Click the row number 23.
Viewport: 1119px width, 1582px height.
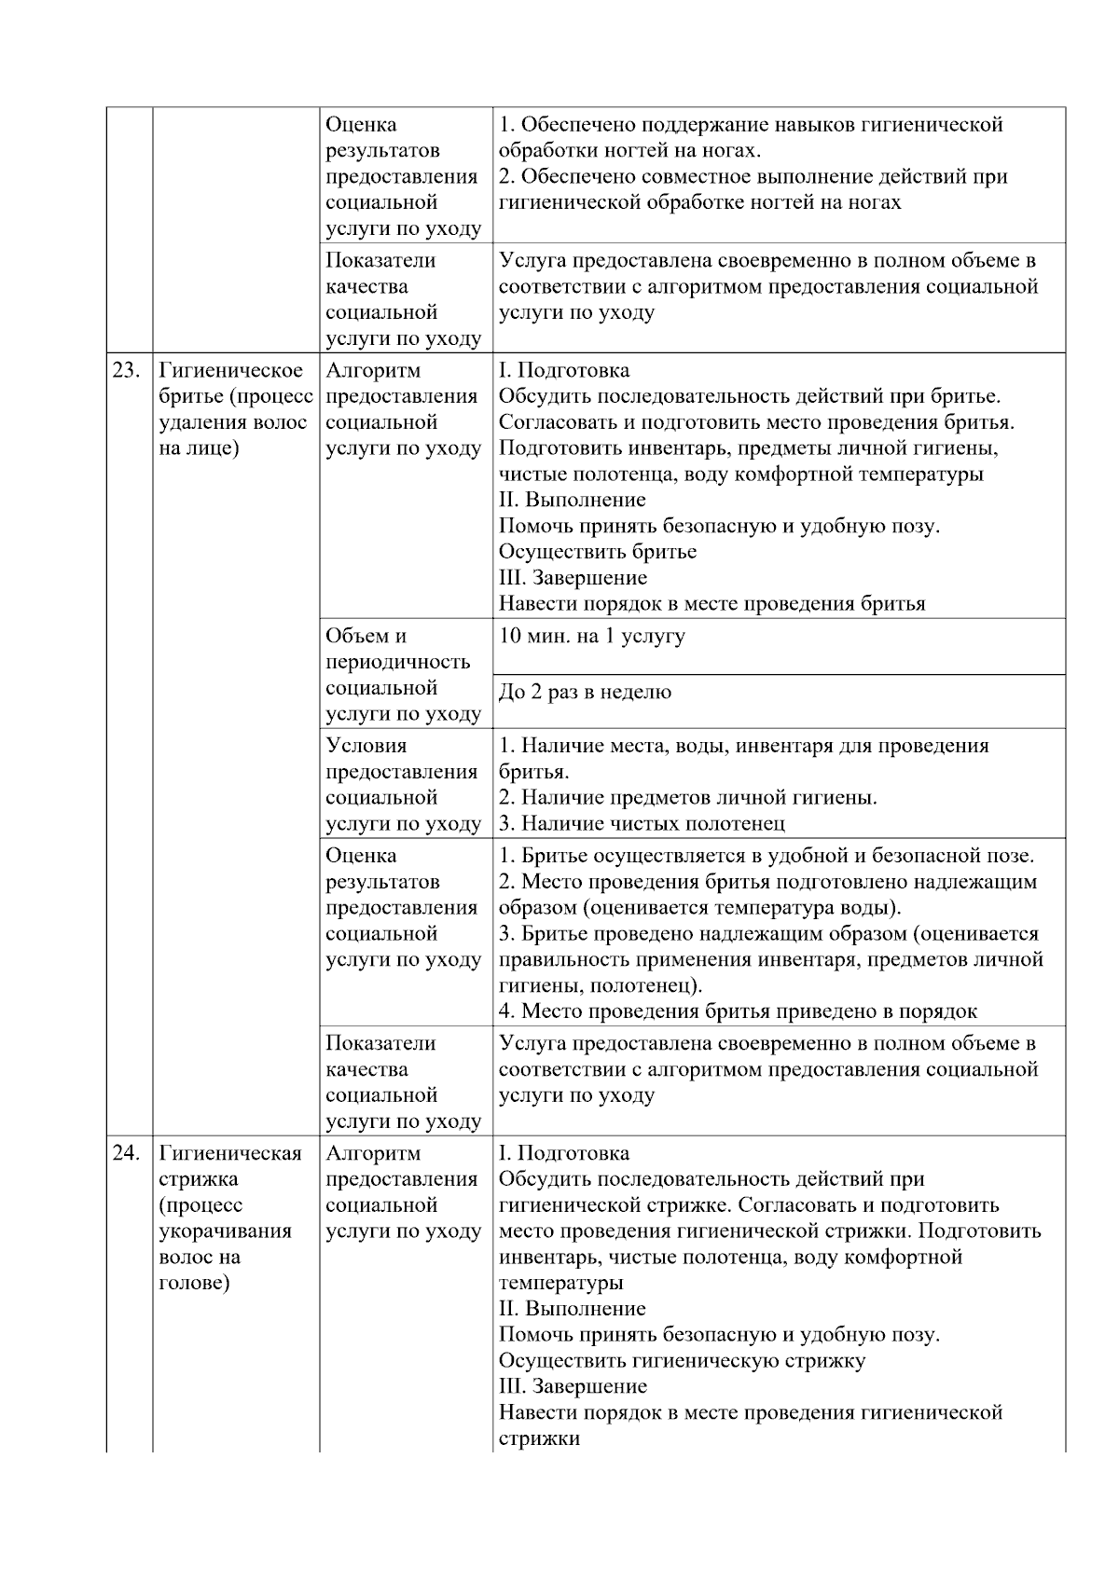(x=126, y=370)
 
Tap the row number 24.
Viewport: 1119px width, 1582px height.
(x=126, y=1153)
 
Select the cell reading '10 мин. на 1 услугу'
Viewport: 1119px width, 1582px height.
(x=591, y=636)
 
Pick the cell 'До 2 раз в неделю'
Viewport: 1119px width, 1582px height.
(x=585, y=692)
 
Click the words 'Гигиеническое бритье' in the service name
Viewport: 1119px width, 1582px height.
(x=230, y=383)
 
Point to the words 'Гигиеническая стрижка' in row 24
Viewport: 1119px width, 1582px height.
(x=229, y=1165)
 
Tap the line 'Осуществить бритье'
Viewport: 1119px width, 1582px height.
(x=597, y=551)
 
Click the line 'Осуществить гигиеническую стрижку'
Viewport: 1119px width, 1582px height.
(x=682, y=1360)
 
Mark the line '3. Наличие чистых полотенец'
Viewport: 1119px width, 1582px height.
(x=642, y=823)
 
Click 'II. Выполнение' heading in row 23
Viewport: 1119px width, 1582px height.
(x=572, y=500)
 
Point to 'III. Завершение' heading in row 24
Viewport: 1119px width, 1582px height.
(x=573, y=1386)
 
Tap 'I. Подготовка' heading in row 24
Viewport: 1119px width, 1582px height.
(x=563, y=1153)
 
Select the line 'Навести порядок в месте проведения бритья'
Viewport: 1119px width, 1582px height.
(x=711, y=603)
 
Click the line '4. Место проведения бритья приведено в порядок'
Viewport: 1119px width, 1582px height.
(x=738, y=1011)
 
